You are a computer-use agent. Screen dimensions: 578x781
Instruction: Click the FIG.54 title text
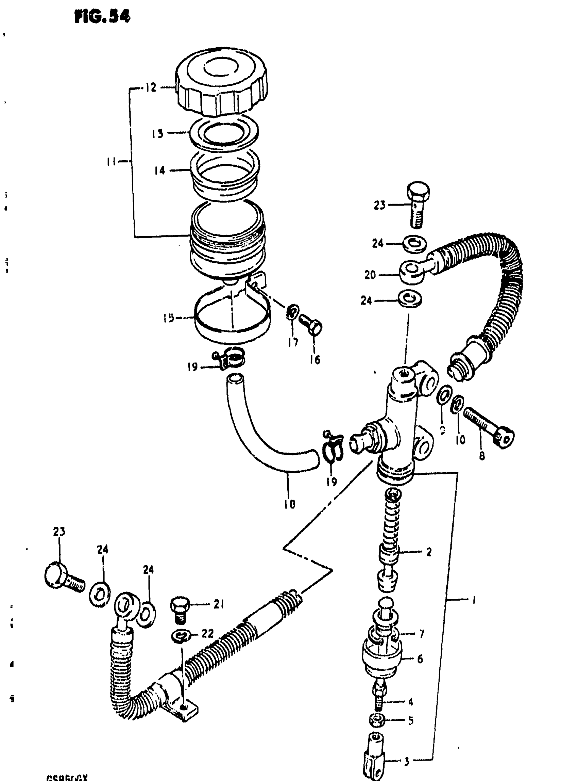point(102,17)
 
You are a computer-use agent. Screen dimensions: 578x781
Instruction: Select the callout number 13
point(157,133)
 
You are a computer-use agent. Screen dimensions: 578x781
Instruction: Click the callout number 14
point(159,170)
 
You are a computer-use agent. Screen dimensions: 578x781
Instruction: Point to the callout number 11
point(111,162)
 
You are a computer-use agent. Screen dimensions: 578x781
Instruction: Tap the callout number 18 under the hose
point(290,504)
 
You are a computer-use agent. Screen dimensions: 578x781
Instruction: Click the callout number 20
point(370,275)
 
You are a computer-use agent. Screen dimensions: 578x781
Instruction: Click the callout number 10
point(460,440)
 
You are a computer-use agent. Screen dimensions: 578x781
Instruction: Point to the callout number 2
point(429,552)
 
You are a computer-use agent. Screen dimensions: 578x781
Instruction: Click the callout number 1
point(474,601)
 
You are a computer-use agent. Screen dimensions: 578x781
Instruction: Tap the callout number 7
point(421,634)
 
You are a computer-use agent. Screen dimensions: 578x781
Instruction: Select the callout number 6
point(420,659)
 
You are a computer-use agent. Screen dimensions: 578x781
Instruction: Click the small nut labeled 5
point(377,720)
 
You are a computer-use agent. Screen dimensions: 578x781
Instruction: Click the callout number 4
point(410,701)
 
